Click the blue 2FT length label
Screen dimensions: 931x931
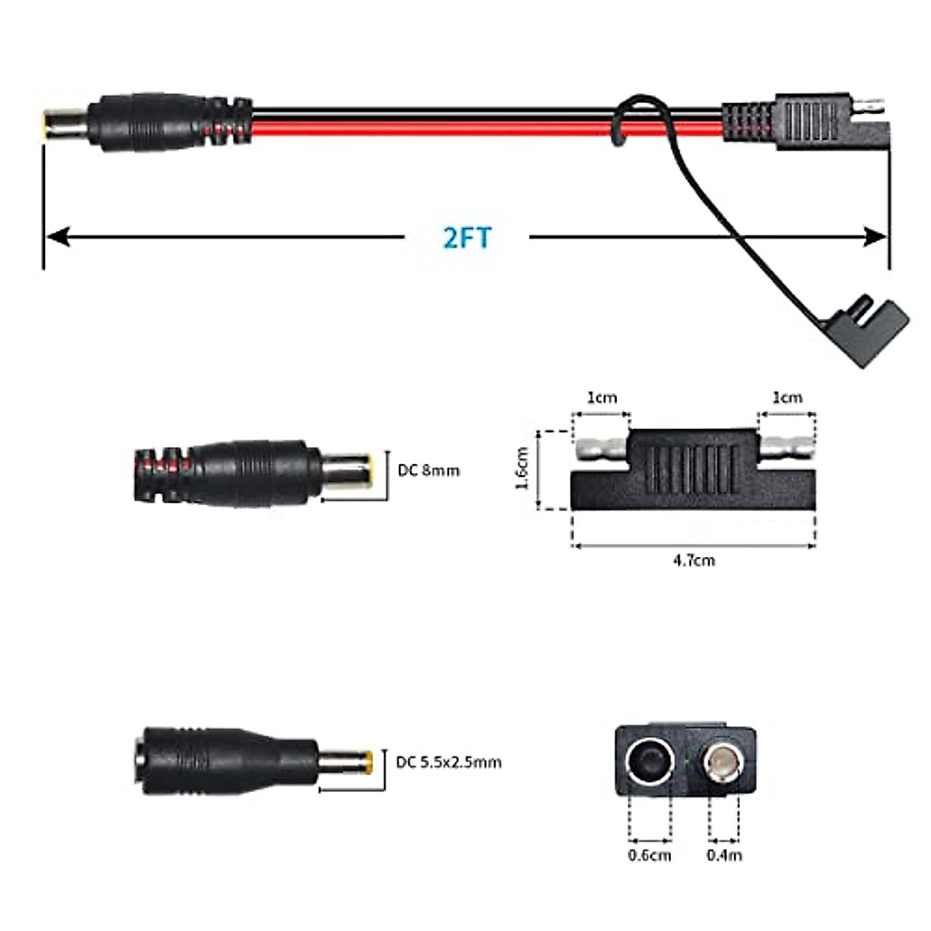click(467, 237)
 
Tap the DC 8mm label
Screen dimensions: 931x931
click(428, 470)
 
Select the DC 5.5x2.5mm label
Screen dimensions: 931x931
click(448, 762)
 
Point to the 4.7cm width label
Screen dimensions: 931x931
click(694, 559)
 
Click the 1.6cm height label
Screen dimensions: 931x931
click(522, 468)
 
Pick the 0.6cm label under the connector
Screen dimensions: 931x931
click(649, 855)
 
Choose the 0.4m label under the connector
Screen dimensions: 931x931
click(724, 855)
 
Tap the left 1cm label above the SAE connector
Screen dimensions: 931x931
click(601, 398)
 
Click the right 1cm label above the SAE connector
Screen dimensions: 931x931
click(787, 398)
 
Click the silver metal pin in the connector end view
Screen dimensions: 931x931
click(722, 761)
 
